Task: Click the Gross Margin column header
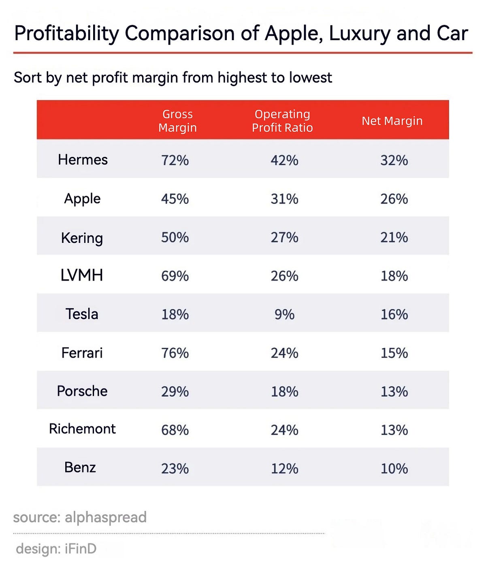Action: click(177, 121)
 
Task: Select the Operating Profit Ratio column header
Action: click(282, 121)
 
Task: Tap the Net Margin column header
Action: click(392, 121)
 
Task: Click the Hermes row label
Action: click(83, 160)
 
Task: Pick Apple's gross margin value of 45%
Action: click(175, 199)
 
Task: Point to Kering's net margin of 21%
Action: click(394, 237)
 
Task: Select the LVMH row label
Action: click(82, 276)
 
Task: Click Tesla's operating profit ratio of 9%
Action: click(284, 314)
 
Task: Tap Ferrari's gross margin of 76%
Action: click(175, 353)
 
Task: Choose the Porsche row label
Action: click(82, 391)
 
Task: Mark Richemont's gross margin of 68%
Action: click(175, 430)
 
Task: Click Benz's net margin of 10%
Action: click(394, 468)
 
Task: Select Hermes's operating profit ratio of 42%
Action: click(284, 160)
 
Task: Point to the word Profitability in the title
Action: click(66, 34)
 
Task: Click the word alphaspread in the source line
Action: click(106, 517)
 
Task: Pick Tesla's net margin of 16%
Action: click(394, 314)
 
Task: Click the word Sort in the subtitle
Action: click(28, 77)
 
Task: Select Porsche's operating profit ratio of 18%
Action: click(284, 391)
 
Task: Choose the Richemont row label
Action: click(82, 429)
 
